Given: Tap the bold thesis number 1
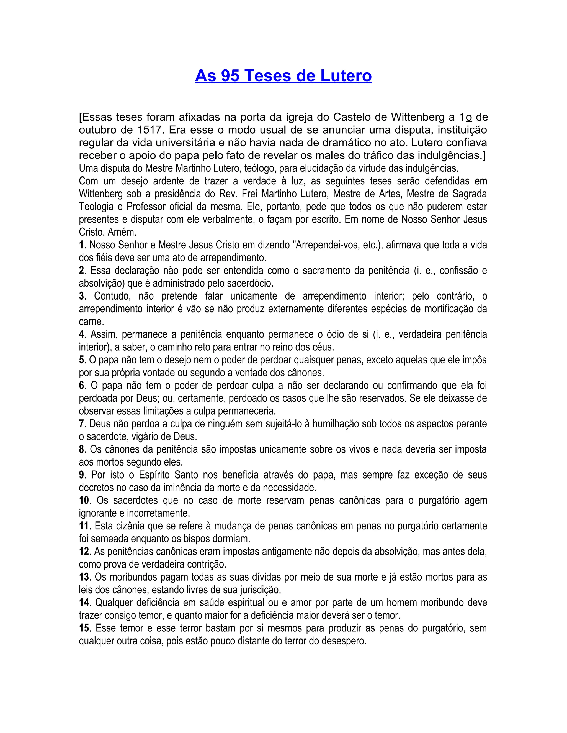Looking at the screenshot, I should (81, 245).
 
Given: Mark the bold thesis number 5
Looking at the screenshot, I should (81, 360).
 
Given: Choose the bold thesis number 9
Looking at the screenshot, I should (82, 475).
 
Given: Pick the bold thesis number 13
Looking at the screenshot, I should (84, 577).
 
